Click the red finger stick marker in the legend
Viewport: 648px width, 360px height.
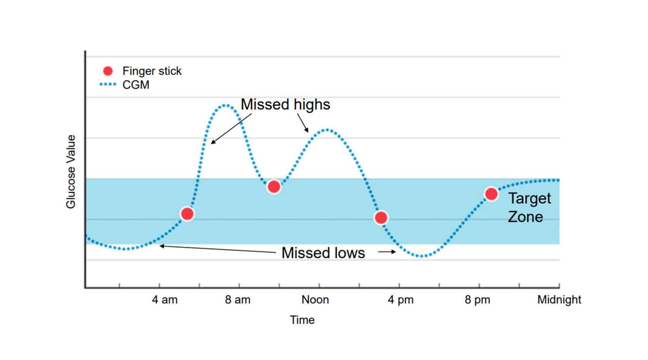108,71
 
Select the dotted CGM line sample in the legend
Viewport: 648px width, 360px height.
108,84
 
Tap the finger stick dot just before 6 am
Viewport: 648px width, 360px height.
187,213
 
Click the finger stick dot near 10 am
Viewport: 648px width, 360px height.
274,187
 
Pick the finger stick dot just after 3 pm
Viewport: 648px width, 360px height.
381,218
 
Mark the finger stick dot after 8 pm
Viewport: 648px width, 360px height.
491,194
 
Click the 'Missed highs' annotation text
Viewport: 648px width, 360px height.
285,105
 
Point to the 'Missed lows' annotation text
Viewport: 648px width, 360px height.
323,253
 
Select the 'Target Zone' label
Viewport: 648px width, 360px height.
529,208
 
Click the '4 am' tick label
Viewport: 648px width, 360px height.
165,300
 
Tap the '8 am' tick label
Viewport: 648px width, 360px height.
238,300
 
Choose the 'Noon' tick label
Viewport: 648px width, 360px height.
315,300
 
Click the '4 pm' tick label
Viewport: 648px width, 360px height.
401,300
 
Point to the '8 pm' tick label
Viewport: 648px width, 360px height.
477,300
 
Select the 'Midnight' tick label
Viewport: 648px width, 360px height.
559,300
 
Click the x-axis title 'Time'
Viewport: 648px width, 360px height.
302,320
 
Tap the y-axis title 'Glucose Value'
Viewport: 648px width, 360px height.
71,171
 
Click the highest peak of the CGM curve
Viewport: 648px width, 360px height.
225,105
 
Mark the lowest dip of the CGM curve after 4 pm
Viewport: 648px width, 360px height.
422,256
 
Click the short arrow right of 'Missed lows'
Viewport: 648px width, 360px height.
387,252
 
